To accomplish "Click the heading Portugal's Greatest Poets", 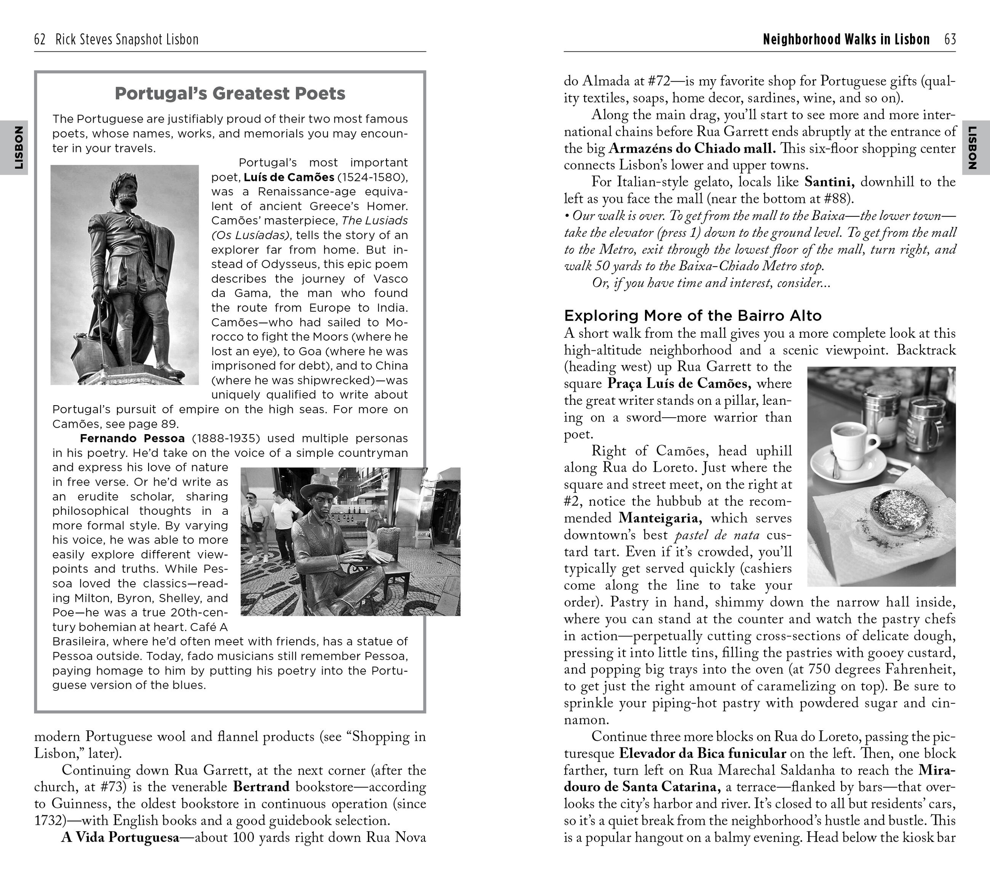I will pyautogui.click(x=230, y=93).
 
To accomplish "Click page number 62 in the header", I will pyautogui.click(x=40, y=39).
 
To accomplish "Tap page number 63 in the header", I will pyautogui.click(x=950, y=39).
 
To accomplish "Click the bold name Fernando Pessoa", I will pyautogui.click(x=132, y=438).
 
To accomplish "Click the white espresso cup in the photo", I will pyautogui.click(x=853, y=441).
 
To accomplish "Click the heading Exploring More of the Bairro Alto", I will pyautogui.click(x=693, y=316).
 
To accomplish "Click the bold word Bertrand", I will pyautogui.click(x=261, y=787).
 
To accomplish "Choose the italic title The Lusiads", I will pyautogui.click(x=374, y=220).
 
